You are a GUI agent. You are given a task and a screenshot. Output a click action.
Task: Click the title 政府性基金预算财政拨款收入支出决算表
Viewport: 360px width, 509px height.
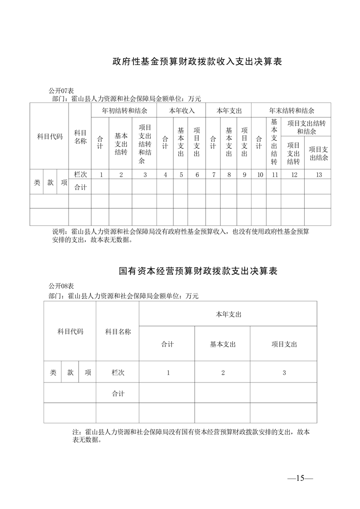coord(197,61)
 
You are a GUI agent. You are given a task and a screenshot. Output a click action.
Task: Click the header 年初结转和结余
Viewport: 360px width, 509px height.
coord(124,111)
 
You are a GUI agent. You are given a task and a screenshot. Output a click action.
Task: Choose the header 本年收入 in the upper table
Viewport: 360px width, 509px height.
coord(182,111)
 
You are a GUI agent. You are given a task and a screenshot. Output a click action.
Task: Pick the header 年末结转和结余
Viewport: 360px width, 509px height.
coord(291,111)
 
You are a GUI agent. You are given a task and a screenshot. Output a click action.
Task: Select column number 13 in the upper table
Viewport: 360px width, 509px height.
coord(318,175)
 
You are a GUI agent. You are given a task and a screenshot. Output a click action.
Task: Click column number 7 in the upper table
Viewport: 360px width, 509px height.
coord(213,175)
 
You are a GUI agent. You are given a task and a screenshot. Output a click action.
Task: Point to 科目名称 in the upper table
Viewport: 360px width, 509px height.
coord(80,137)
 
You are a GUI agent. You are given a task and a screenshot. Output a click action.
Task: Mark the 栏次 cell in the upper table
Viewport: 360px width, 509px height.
coord(80,175)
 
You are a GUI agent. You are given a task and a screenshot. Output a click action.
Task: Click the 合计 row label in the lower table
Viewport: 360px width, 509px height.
coord(118,394)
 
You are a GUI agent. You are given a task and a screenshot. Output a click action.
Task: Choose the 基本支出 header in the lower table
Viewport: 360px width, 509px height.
coord(222,344)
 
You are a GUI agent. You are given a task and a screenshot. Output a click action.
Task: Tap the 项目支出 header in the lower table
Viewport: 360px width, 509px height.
coord(284,344)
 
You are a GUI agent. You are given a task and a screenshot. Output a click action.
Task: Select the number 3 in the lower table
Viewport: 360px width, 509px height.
coord(284,372)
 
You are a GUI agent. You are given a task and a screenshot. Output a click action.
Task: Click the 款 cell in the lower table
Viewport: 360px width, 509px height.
coord(70,372)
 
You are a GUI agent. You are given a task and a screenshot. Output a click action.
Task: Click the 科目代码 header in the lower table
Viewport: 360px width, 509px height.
coord(70,332)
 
